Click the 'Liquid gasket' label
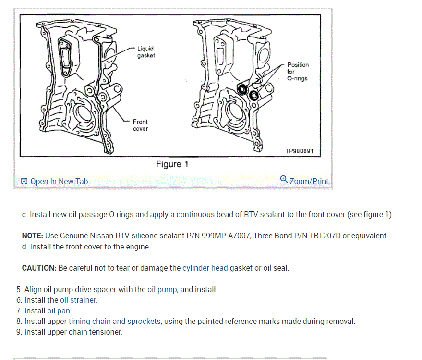[x=145, y=52]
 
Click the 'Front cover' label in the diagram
[x=140, y=125]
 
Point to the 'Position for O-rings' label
[x=298, y=72]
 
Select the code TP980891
[x=299, y=151]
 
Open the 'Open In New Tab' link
[x=59, y=181]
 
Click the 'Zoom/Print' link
[x=309, y=181]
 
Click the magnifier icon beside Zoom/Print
[x=284, y=180]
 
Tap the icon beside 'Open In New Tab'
[x=24, y=181]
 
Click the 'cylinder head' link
[x=205, y=268]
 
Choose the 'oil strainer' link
[x=78, y=300]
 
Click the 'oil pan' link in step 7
[x=59, y=310]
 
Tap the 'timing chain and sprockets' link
[x=114, y=321]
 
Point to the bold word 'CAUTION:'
[x=39, y=268]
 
